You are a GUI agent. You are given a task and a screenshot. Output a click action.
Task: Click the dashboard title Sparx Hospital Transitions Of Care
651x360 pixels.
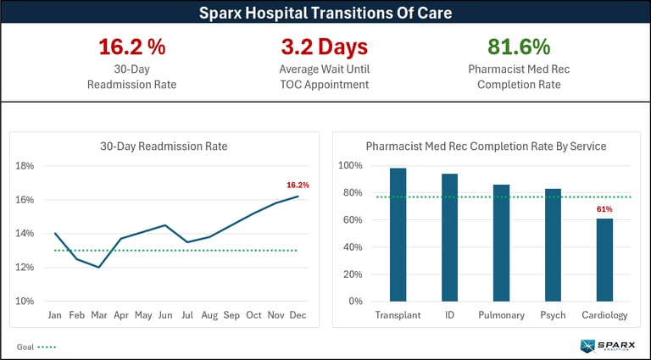click(325, 13)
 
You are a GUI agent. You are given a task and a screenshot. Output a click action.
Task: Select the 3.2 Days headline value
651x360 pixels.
click(325, 47)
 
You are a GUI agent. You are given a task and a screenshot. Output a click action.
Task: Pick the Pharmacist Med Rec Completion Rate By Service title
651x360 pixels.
click(486, 147)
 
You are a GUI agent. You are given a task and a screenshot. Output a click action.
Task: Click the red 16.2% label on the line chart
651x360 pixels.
click(298, 185)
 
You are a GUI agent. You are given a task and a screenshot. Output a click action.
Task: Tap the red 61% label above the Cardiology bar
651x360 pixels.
click(604, 208)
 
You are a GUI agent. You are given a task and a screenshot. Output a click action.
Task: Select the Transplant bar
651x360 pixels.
click(398, 235)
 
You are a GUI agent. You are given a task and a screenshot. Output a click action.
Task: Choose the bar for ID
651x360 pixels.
click(449, 237)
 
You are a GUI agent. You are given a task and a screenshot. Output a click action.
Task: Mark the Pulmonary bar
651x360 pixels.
click(501, 243)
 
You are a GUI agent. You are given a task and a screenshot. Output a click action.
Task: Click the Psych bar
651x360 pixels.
click(553, 245)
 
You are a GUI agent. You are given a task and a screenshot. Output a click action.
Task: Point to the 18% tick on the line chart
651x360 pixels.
click(25, 166)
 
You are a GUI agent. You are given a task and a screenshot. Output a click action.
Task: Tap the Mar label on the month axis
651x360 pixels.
click(100, 315)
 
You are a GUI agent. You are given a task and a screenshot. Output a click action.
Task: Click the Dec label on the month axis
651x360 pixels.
click(298, 315)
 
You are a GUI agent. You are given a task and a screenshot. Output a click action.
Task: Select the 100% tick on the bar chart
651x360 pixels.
click(351, 166)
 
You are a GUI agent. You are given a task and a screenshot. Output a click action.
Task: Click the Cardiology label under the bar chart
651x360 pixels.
click(604, 315)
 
